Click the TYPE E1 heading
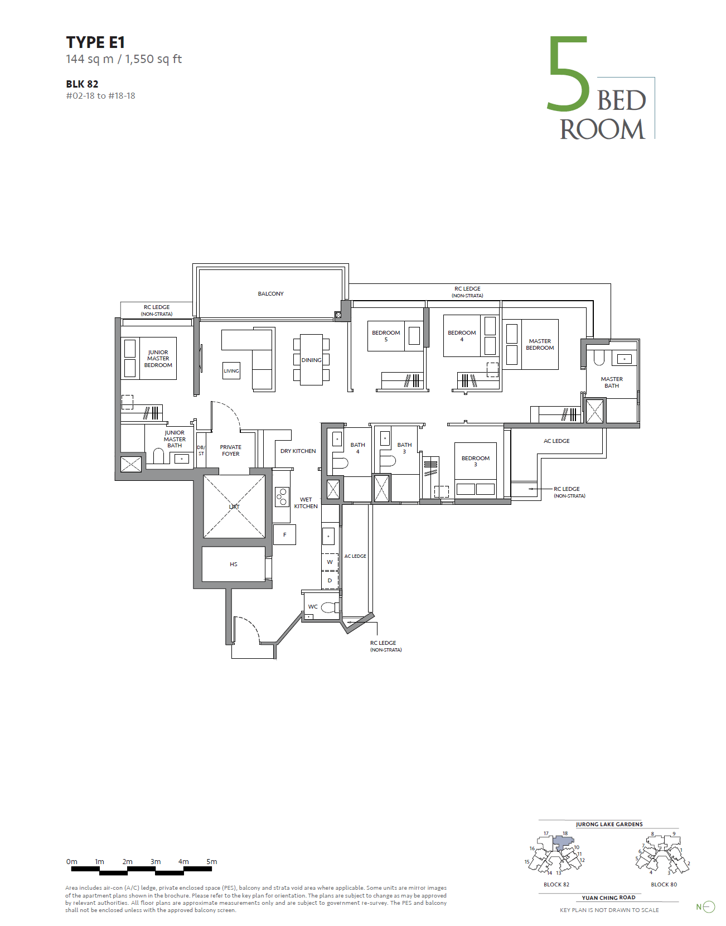click(95, 42)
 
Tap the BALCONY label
click(270, 293)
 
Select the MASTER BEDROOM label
click(540, 344)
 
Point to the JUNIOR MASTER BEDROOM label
click(158, 358)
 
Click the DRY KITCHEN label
click(298, 451)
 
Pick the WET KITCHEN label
click(306, 503)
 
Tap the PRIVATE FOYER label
click(230, 450)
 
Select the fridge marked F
click(284, 535)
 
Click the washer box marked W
click(330, 562)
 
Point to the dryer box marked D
click(330, 580)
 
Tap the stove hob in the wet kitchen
click(282, 497)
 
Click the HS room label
click(233, 564)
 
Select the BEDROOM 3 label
click(475, 461)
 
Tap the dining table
click(311, 360)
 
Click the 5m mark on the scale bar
click(212, 862)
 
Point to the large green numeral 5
click(569, 73)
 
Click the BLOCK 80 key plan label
click(664, 884)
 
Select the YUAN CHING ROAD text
click(608, 898)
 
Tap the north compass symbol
click(706, 907)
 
